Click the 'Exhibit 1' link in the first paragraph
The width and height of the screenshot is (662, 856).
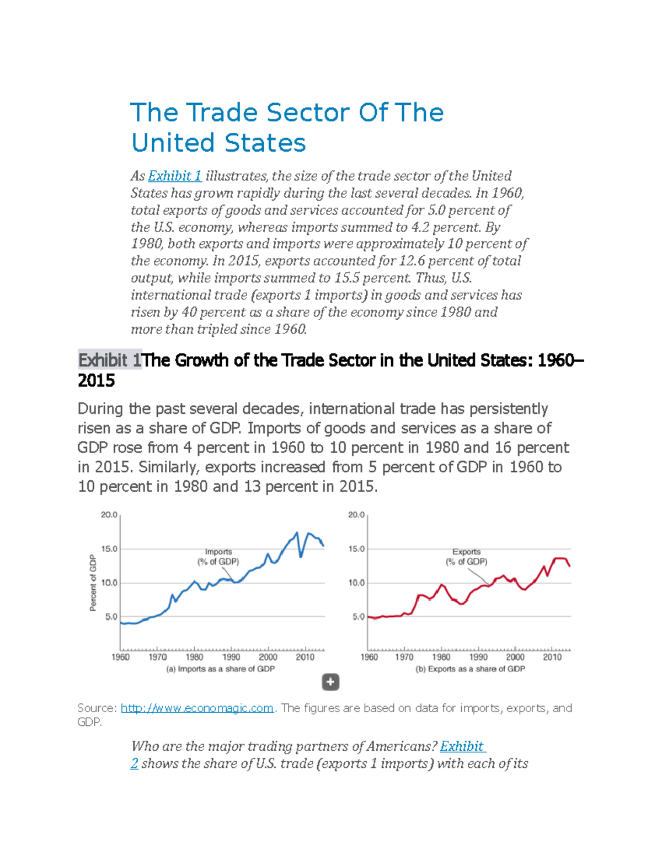(174, 176)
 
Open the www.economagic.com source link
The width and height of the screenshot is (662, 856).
(197, 708)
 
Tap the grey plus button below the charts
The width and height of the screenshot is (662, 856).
(330, 682)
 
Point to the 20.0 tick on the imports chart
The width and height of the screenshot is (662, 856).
(109, 515)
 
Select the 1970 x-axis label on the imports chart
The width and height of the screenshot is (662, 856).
(157, 657)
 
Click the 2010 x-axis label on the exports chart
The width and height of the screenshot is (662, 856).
(552, 657)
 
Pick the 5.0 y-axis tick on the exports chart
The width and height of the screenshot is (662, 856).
(358, 617)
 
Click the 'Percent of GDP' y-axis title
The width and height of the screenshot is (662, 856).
(93, 583)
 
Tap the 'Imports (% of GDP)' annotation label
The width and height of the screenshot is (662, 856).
(218, 557)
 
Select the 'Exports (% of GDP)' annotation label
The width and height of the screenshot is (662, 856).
(466, 557)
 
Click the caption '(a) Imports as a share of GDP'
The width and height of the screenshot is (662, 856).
(221, 669)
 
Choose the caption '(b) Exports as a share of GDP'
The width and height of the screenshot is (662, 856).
(470, 669)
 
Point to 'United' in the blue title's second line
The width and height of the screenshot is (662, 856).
(173, 143)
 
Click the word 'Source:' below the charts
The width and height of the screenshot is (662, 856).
(97, 708)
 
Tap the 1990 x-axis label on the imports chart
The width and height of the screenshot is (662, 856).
(231, 657)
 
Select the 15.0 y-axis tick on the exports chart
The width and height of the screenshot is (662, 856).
(356, 549)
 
